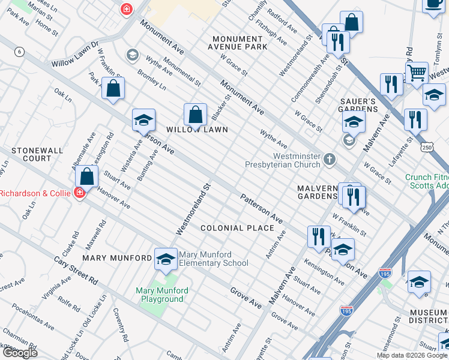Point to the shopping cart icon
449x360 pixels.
point(416,73)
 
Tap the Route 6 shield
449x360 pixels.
point(20,52)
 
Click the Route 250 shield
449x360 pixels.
point(427,147)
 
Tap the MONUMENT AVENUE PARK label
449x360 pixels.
point(237,43)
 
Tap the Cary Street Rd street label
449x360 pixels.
point(76,271)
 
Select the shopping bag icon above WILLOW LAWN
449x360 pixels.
point(195,114)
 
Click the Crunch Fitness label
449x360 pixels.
point(427,177)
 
